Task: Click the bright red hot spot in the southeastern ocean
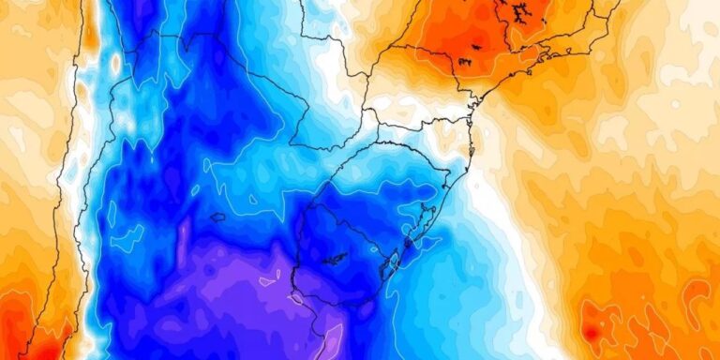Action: [x=591, y=331]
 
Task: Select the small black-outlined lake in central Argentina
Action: [x=217, y=217]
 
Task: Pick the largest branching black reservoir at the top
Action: [x=517, y=12]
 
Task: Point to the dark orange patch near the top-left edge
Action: [x=90, y=33]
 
